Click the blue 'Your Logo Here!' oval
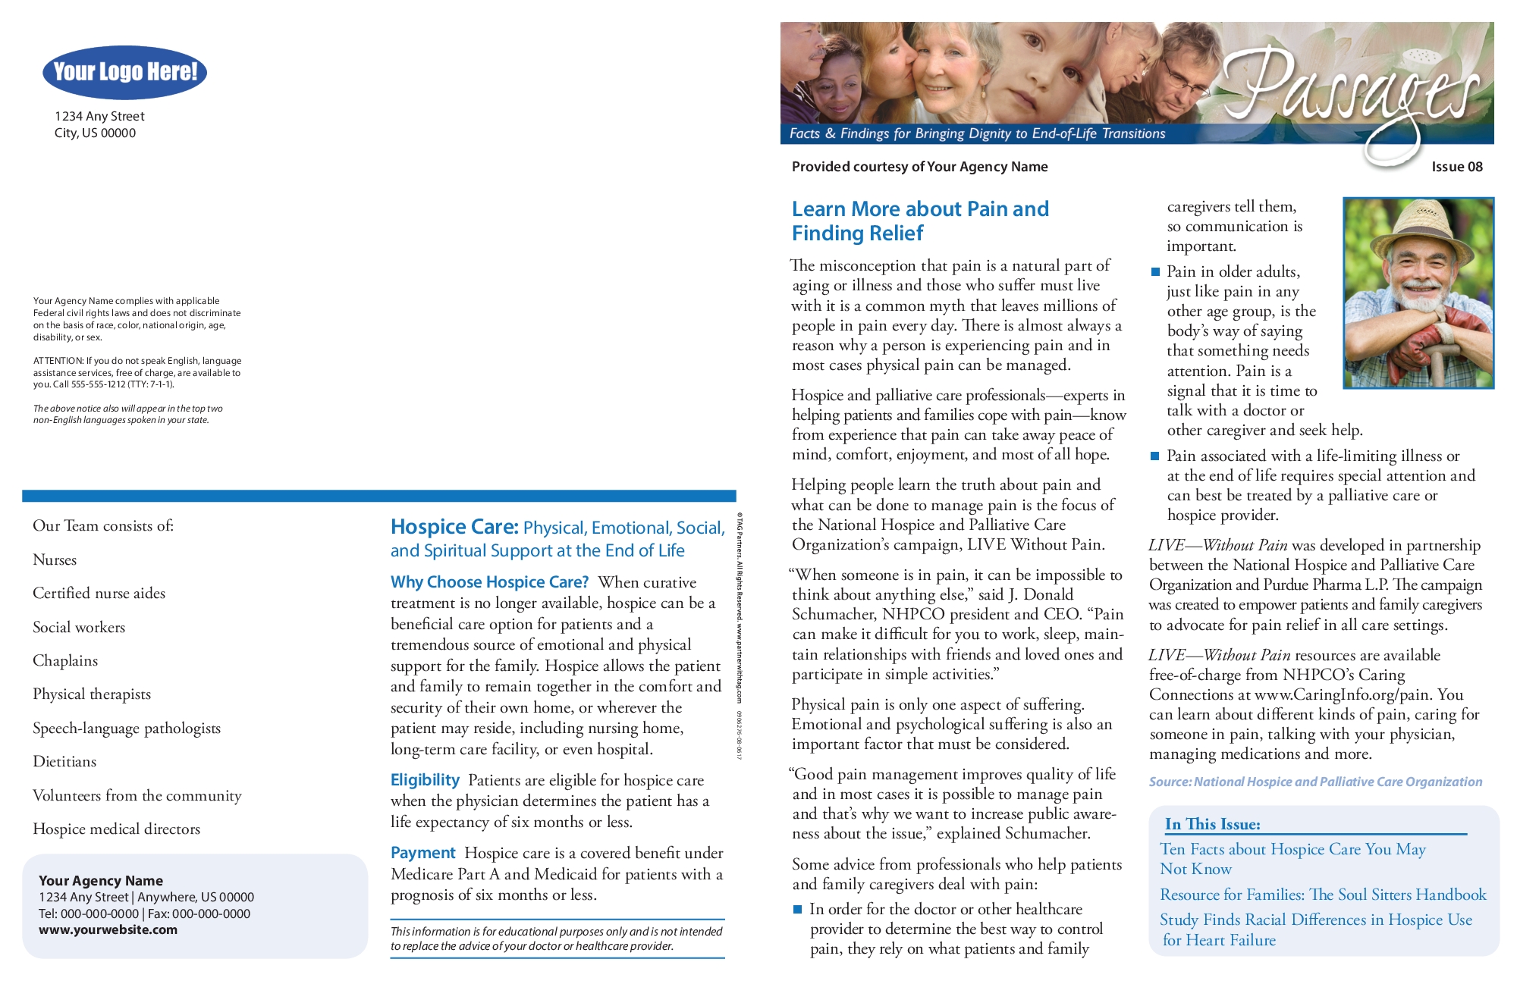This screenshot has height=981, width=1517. (125, 72)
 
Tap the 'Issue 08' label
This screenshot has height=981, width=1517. (1456, 167)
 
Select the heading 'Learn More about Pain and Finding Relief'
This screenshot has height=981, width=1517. (919, 221)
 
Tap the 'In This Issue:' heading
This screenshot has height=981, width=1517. (1212, 824)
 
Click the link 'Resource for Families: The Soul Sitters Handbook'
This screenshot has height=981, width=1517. (1322, 895)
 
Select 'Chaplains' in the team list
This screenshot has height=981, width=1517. (65, 660)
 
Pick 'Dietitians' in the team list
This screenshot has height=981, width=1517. (64, 761)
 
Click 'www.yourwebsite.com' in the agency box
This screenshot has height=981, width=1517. (108, 930)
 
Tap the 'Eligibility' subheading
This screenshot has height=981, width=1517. (425, 780)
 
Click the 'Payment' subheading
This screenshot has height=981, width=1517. (422, 853)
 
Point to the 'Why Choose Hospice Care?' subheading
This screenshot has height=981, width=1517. (489, 582)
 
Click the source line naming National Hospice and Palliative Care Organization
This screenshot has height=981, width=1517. (1315, 782)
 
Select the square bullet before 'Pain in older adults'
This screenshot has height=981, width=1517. (1155, 271)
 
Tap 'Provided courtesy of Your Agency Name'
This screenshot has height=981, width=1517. (919, 167)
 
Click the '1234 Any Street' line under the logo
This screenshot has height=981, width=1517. (99, 116)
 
